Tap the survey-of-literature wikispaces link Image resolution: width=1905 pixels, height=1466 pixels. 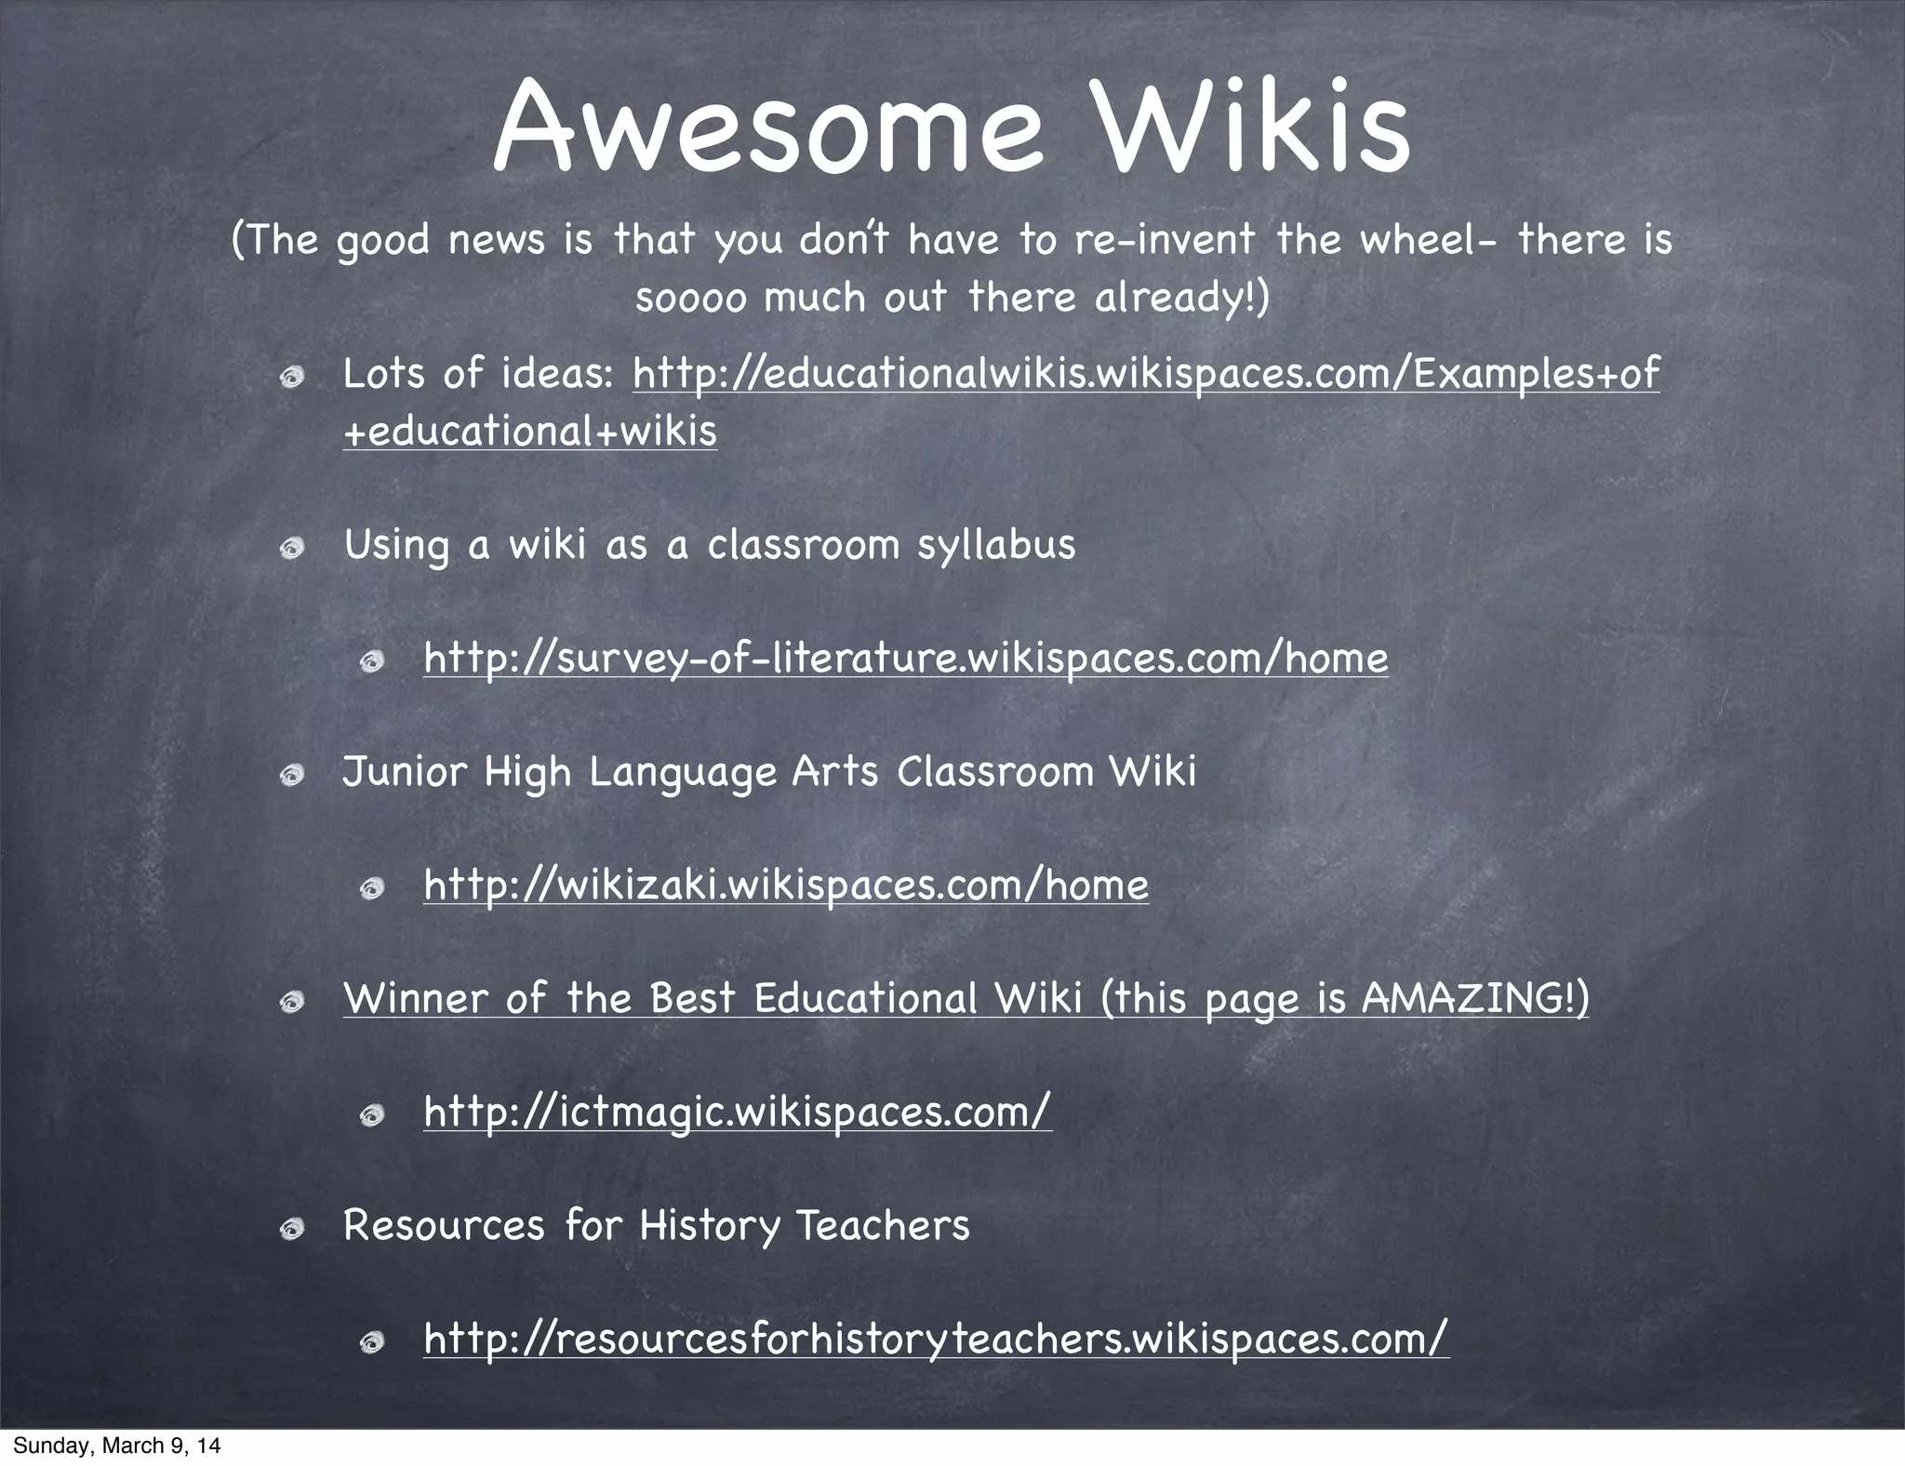pyautogui.click(x=905, y=659)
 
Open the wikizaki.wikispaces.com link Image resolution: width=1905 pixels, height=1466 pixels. pyautogui.click(x=786, y=885)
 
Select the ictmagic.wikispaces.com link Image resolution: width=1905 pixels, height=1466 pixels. pyautogui.click(x=738, y=1112)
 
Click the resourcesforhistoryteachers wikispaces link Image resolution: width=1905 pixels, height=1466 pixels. pyautogui.click(x=936, y=1339)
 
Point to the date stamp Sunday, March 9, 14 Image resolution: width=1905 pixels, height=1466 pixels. pyautogui.click(x=117, y=1446)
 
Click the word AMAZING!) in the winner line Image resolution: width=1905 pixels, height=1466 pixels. pyautogui.click(x=1475, y=998)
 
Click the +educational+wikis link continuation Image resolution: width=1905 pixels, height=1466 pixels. pyautogui.click(x=530, y=432)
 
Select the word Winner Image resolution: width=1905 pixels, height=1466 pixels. pyautogui.click(x=416, y=998)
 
